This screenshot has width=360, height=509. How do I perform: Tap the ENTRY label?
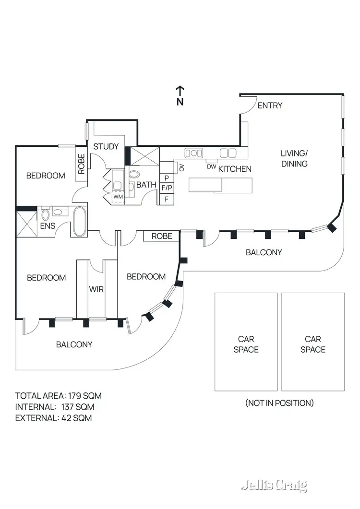click(270, 106)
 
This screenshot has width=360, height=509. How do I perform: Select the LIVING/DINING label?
click(294, 158)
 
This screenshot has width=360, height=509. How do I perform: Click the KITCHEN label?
click(235, 169)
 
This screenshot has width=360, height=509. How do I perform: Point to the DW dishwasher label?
click(211, 166)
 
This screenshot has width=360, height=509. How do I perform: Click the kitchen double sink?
click(193, 153)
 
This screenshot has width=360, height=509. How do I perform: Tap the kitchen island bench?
click(220, 185)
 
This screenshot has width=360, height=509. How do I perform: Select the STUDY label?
click(106, 146)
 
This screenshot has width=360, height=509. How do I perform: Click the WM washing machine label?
click(118, 197)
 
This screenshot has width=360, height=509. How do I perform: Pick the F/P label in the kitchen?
click(166, 188)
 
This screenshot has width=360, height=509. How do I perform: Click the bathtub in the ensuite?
click(79, 221)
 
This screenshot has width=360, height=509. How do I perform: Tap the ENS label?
click(48, 225)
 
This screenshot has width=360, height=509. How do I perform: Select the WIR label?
click(97, 289)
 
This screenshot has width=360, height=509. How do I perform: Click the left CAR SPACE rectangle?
click(246, 342)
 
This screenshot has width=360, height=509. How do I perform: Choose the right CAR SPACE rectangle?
click(313, 342)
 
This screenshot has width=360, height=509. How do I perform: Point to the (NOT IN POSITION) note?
click(279, 403)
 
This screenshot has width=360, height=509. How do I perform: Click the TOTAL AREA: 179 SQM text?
click(59, 396)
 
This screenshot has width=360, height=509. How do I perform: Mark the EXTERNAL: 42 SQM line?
click(53, 418)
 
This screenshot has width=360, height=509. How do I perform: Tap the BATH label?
click(146, 185)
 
